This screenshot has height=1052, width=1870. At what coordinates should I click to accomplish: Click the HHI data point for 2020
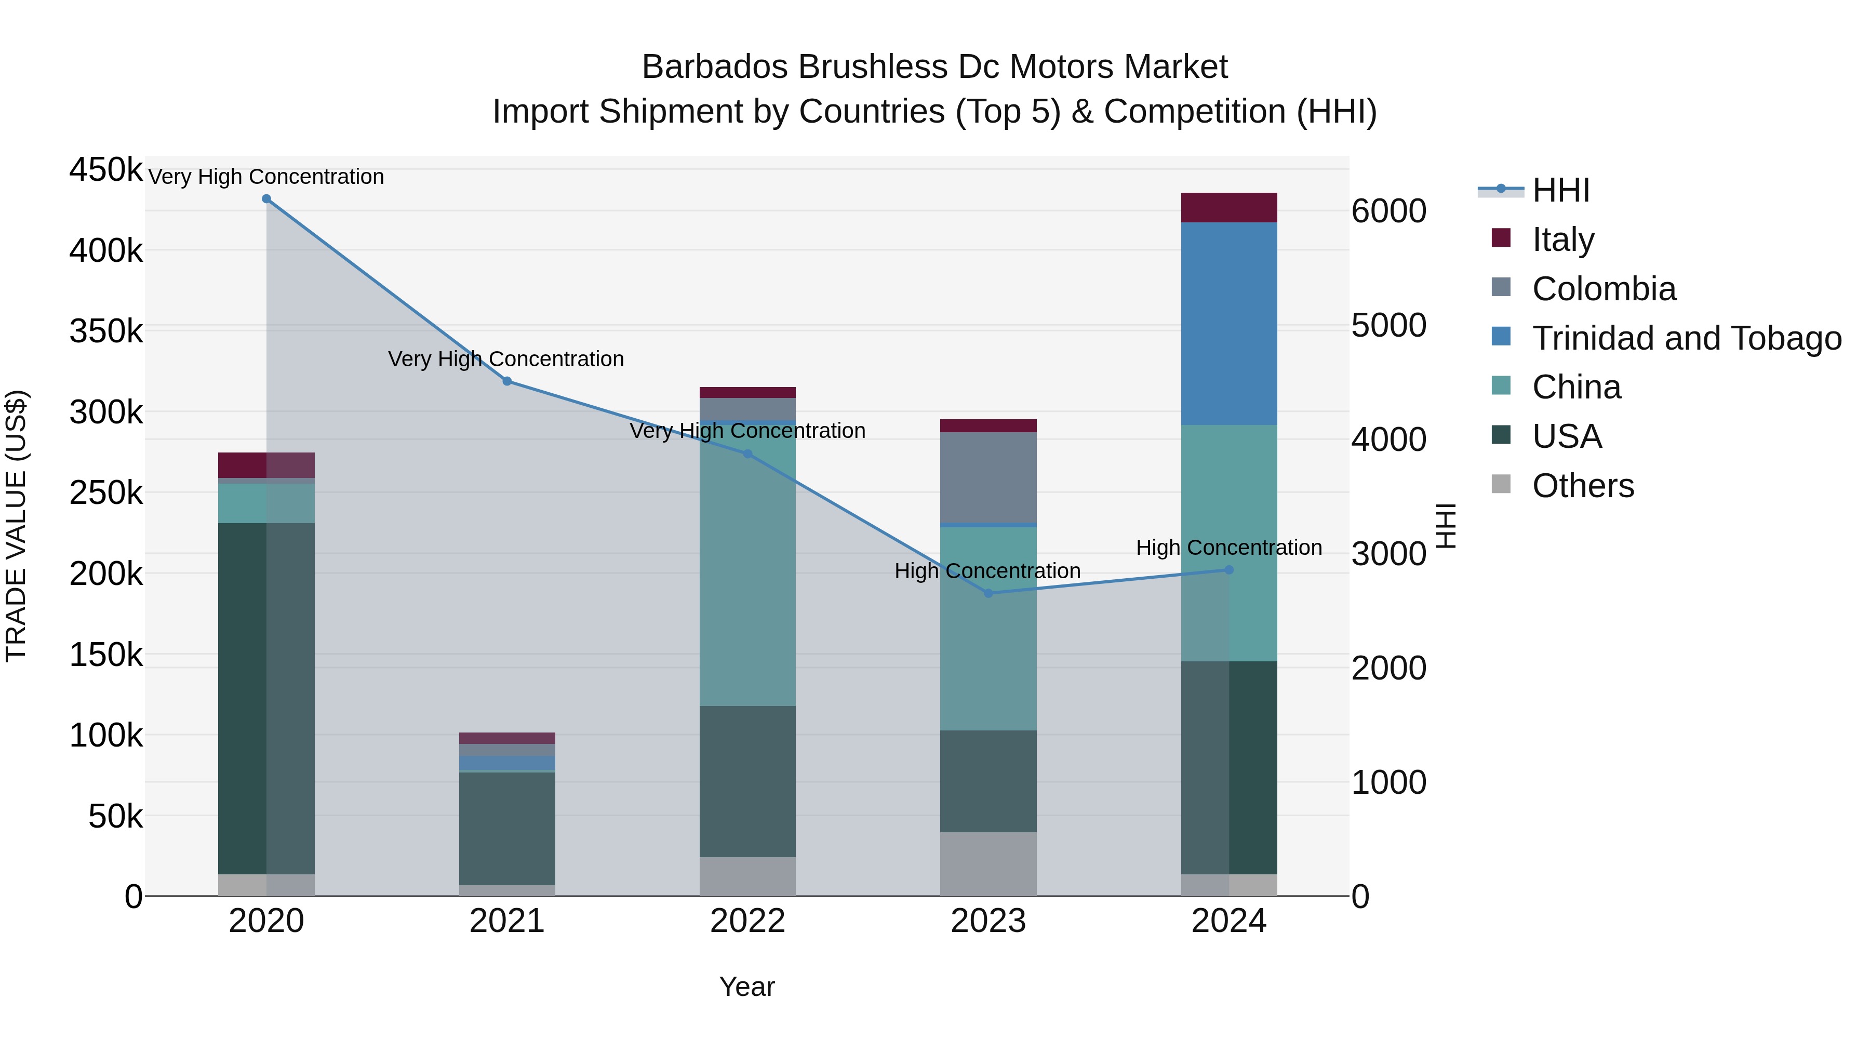click(x=266, y=199)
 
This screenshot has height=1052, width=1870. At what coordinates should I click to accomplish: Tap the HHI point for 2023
click(x=988, y=593)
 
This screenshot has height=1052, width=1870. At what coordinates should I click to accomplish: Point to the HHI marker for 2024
click(x=1229, y=570)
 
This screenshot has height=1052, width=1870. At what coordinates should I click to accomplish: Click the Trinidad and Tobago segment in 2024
click(x=1229, y=324)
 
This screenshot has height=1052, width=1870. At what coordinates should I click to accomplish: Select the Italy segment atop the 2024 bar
click(x=1229, y=208)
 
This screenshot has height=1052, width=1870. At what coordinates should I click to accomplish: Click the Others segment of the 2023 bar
click(x=988, y=864)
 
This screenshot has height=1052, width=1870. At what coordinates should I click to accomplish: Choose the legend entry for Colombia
click(x=1604, y=289)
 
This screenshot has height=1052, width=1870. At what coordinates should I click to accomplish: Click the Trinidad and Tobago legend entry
click(x=1686, y=338)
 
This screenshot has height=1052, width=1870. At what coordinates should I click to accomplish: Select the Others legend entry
click(x=1583, y=486)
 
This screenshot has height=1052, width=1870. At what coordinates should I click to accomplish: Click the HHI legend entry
click(x=1561, y=190)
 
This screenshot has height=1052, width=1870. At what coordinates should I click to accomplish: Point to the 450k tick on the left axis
click(x=106, y=170)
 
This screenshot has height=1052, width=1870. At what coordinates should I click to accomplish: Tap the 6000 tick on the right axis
click(x=1388, y=211)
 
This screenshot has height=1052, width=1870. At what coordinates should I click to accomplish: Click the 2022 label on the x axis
click(x=747, y=921)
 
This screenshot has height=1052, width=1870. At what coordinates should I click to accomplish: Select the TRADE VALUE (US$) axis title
click(x=17, y=526)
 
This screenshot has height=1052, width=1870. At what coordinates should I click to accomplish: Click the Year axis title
click(x=747, y=987)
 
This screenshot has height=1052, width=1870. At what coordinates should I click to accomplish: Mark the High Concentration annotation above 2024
click(x=1229, y=548)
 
